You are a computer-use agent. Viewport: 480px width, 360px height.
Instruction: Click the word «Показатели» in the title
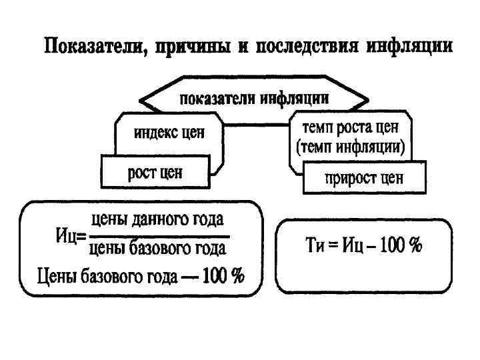pyautogui.click(x=93, y=47)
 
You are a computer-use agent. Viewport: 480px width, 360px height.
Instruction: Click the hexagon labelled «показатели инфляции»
pyautogui.click(x=254, y=98)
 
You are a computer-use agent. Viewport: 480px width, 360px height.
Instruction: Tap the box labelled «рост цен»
pyautogui.click(x=155, y=173)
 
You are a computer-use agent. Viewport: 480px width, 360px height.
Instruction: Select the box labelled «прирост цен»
pyautogui.click(x=363, y=178)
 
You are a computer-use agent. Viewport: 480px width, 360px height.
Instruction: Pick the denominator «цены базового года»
pyautogui.click(x=158, y=248)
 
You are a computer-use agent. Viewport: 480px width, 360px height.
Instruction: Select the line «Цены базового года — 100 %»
pyautogui.click(x=140, y=275)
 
